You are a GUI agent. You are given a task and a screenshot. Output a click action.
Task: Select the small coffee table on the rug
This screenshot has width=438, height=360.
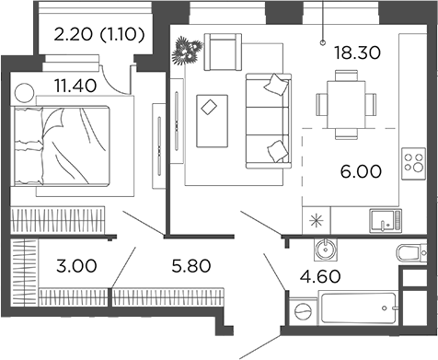[x=212, y=107]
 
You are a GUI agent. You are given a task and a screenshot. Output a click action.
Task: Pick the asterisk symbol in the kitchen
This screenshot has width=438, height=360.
[x=317, y=220]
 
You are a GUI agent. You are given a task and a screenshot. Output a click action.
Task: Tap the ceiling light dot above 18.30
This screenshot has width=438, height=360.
[x=323, y=41]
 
